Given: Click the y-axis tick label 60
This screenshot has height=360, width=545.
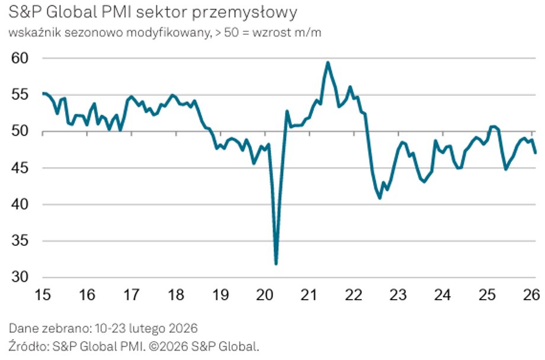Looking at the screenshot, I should (20, 59).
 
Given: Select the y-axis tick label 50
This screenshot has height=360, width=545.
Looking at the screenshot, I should (20, 131).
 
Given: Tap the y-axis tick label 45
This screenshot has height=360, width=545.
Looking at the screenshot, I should (20, 168).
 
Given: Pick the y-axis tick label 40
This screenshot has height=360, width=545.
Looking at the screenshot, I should (20, 205).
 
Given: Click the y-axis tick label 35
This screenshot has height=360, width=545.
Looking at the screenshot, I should (20, 241).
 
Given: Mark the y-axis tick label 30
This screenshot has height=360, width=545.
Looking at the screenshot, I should (20, 278).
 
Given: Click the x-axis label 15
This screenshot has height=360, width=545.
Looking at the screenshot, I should (43, 295).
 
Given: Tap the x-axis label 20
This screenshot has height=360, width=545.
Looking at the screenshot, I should (264, 295).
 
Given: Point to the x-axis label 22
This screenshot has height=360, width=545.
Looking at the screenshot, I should (354, 295).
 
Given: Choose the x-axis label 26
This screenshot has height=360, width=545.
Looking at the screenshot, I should (531, 295).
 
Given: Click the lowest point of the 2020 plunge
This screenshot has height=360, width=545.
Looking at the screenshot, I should (276, 263).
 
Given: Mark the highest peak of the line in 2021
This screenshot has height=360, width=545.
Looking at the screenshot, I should (328, 62).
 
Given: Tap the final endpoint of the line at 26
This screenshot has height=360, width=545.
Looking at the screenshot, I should (536, 153).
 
